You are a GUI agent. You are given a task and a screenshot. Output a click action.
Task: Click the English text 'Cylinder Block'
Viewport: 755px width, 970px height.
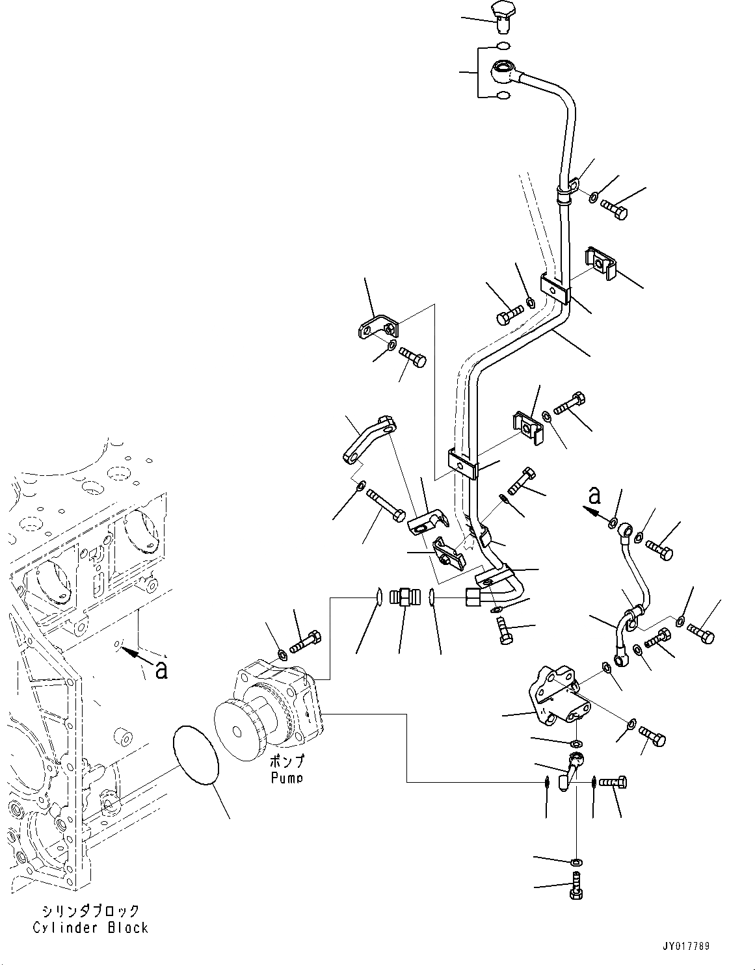(90, 927)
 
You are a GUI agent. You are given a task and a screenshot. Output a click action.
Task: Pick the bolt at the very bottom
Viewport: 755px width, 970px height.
(576, 886)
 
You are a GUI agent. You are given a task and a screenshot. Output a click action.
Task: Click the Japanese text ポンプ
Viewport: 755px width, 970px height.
(287, 761)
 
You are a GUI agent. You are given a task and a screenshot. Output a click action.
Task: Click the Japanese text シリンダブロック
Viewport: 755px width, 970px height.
(90, 910)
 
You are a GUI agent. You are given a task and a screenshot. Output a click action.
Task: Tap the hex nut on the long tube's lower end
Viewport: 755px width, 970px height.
(475, 596)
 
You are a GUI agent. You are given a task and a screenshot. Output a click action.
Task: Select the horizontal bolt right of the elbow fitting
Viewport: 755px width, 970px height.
(613, 782)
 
